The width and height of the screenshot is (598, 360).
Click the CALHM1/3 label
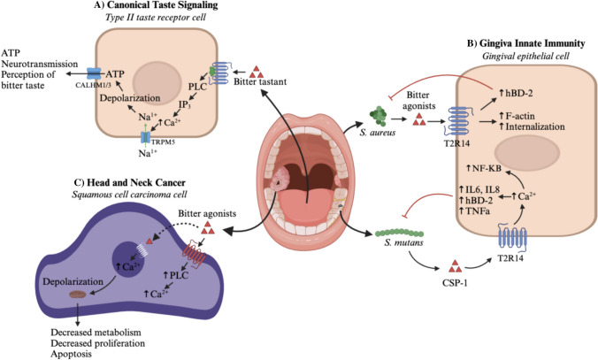coord(94,85)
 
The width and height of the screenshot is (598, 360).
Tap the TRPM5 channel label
coord(163,142)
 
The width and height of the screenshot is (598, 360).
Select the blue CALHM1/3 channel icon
coord(94,74)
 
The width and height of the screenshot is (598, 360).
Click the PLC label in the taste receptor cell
coord(197,87)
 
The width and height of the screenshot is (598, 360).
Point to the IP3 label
coord(185,104)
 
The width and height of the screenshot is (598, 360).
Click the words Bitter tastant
coord(260,81)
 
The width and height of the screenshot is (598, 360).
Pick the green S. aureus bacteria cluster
coord(378,116)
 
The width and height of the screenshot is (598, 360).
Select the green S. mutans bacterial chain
coord(399,233)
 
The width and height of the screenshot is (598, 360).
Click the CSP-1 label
coord(456,283)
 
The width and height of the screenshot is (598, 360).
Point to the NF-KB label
coord(484,168)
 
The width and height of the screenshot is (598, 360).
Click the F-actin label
coord(517,116)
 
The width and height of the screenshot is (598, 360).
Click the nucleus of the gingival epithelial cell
coord(527,152)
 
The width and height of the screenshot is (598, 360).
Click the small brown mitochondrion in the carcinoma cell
coord(78,295)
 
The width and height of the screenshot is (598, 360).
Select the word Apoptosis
coord(72,354)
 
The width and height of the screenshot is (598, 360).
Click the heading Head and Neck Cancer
coord(136,183)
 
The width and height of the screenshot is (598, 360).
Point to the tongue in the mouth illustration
coord(305,206)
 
